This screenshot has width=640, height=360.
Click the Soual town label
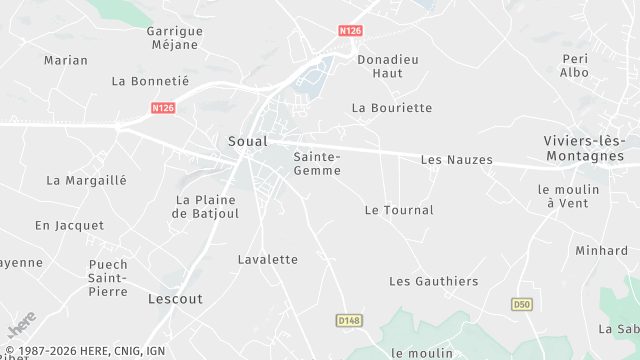247,141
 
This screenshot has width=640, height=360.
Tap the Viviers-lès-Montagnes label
584,148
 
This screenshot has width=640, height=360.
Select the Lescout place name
175,299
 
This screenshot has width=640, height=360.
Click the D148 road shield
347,319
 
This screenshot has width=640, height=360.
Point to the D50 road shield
521,304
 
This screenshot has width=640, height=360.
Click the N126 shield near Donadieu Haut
349,31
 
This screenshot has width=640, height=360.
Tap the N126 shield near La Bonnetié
164,107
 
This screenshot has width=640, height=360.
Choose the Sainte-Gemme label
317,164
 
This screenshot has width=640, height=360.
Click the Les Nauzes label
457,159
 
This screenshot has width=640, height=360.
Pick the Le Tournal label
399,210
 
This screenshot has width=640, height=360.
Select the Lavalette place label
268,259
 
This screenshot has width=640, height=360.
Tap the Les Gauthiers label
433,282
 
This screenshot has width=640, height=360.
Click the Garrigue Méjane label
175,38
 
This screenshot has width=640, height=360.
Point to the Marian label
66,60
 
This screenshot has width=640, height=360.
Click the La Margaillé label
87,181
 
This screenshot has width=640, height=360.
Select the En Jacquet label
69,226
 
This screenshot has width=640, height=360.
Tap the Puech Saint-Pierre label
108,278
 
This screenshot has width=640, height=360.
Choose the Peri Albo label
574,66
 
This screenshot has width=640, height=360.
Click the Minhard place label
601,251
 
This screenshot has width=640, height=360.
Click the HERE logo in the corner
21,325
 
